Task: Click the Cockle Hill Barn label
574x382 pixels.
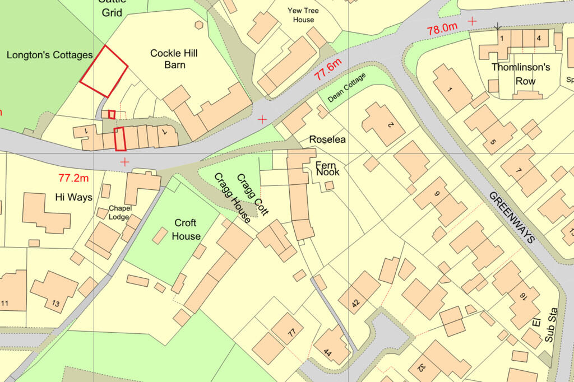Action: click(x=175, y=59)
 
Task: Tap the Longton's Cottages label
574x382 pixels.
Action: click(x=49, y=55)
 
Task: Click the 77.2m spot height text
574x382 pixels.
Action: click(x=74, y=178)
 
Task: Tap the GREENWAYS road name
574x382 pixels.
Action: click(x=512, y=217)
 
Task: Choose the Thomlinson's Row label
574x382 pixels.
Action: click(x=521, y=74)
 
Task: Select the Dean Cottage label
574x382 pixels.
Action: click(x=346, y=88)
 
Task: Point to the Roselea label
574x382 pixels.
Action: click(x=327, y=139)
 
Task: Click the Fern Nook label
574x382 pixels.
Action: click(x=328, y=169)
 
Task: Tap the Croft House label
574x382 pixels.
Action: click(x=186, y=229)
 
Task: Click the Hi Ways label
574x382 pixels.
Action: click(x=74, y=198)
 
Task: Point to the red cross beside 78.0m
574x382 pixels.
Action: click(x=473, y=21)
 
